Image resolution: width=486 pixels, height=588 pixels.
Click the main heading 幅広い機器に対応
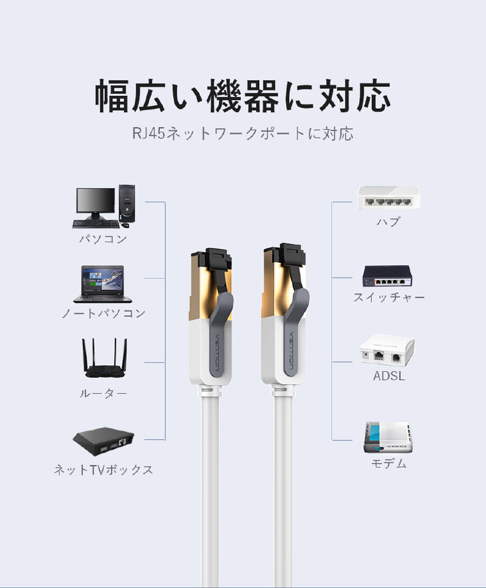pos(243,96)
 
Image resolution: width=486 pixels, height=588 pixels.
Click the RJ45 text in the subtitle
pos(148,133)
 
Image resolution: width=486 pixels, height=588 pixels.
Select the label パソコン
pos(103,239)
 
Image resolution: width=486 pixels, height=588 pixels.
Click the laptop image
pos(102,284)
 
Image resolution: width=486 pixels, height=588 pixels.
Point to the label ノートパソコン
pos(103,313)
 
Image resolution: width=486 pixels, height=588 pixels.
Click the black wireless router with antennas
pos(105,358)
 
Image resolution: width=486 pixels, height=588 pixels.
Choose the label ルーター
pos(103,393)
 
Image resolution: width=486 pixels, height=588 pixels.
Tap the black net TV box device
pos(103,442)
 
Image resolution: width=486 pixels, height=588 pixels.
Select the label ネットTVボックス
pos(103,470)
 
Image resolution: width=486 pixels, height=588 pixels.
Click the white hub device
pos(387,198)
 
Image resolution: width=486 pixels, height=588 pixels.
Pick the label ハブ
pos(388,222)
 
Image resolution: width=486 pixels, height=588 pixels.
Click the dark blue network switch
pos(387,276)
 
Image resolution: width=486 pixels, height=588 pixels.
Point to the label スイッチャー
pos(389,298)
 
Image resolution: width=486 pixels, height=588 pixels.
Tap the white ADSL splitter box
pos(387,350)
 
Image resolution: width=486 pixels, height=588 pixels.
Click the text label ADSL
pos(389,376)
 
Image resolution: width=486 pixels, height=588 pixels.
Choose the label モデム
pos(389,464)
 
